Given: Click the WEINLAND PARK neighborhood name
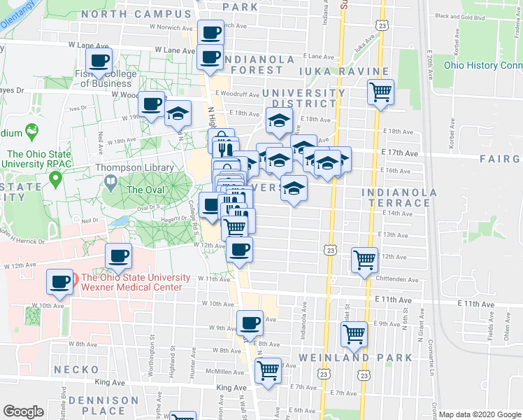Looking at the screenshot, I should [x=356, y=358].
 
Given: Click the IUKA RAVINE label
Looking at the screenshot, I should [x=343, y=72].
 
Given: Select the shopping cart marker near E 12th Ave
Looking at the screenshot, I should [x=365, y=259].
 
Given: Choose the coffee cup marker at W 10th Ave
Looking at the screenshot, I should [x=60, y=282].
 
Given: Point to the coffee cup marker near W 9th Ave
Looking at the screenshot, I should [x=250, y=323].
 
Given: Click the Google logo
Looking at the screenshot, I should [x=23, y=412].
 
